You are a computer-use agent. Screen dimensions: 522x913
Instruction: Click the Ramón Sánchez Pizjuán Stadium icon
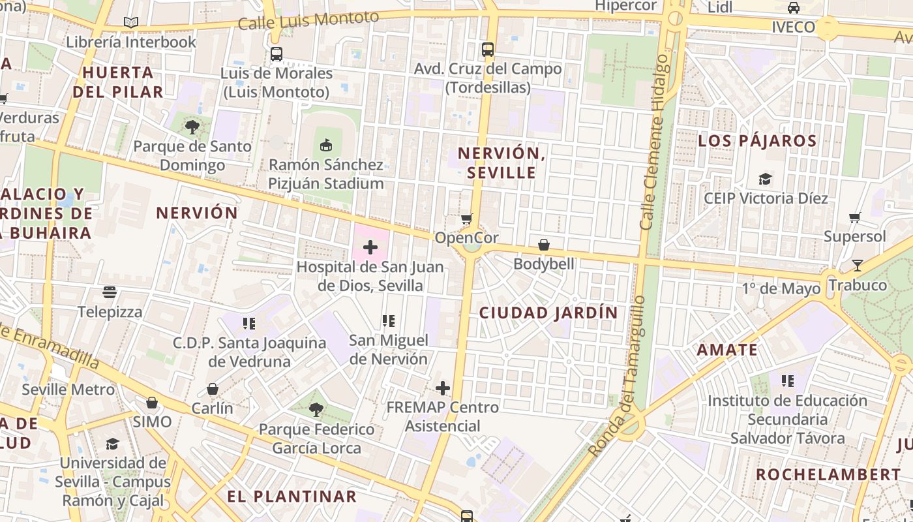[326, 145]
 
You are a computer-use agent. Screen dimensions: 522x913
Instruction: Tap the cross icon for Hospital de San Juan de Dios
[370, 247]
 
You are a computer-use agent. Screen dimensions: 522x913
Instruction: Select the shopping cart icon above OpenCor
[466, 219]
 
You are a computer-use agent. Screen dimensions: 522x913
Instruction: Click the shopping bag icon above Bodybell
[544, 245]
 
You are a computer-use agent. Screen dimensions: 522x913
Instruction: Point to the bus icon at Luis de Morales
[277, 54]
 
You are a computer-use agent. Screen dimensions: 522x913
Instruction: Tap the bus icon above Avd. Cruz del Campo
[487, 49]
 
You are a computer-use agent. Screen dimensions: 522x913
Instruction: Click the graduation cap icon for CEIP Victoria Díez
[765, 179]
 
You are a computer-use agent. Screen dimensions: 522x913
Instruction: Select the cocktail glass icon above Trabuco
[857, 266]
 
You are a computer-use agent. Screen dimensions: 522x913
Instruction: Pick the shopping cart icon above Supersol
[854, 217]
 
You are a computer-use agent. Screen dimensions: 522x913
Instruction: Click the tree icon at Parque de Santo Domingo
[192, 127]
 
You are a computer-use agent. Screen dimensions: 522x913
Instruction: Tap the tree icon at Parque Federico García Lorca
[316, 410]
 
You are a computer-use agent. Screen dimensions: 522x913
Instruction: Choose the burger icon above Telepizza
[110, 292]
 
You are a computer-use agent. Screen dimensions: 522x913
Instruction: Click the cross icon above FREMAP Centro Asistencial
[443, 388]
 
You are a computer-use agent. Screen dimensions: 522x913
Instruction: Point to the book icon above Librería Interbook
[131, 22]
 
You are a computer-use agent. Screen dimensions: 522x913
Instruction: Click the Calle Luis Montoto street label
[308, 20]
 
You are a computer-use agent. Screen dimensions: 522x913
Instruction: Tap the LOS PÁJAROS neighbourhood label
[757, 141]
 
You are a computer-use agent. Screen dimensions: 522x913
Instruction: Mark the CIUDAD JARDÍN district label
[548, 313]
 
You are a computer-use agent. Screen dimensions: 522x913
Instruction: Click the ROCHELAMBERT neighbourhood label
[828, 474]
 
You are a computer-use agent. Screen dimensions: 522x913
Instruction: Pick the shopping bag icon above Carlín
[213, 389]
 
